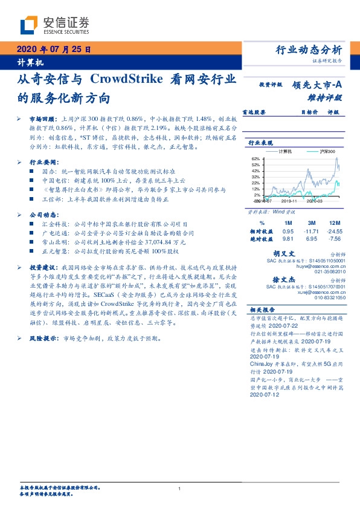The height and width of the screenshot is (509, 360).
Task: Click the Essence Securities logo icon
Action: click(29, 25)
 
